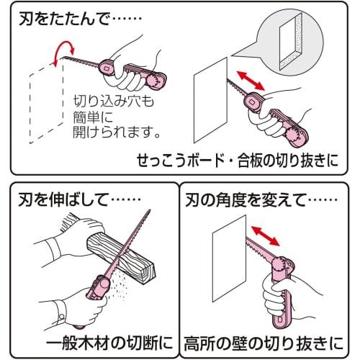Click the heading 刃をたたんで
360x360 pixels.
pyautogui.click(x=64, y=19)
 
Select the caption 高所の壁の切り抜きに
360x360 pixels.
pyautogui.click(x=264, y=343)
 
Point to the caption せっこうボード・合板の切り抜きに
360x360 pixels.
pyautogui.click(x=238, y=161)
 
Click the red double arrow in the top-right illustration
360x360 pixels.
pyautogui.click(x=251, y=81)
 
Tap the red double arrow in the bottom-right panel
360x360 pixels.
pyautogui.click(x=265, y=236)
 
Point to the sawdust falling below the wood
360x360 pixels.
pyautogui.click(x=117, y=286)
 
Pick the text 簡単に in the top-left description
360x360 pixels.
pyautogui.click(x=93, y=117)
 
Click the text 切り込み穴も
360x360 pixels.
pyautogui.click(x=113, y=102)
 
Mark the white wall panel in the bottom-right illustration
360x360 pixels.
pyautogui.click(x=230, y=258)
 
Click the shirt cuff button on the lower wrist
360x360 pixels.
pyautogui.click(x=62, y=318)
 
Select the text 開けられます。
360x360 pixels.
pyautogui.click(x=117, y=132)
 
